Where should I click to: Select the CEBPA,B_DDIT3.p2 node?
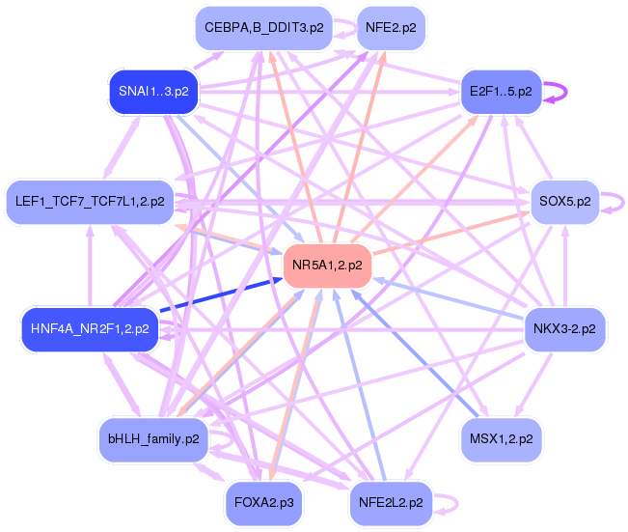[x=262, y=28]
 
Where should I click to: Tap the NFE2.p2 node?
[x=391, y=28]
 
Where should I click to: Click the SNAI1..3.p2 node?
[x=153, y=92]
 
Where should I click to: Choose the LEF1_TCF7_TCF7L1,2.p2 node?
[x=90, y=202]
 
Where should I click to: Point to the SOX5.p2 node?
[x=565, y=202]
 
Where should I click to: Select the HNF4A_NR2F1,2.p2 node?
[x=89, y=328]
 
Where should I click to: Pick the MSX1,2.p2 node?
[x=502, y=438]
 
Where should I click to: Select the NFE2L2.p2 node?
[x=390, y=502]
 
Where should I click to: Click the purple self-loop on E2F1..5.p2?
[x=564, y=92]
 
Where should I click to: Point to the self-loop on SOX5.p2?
[x=623, y=202]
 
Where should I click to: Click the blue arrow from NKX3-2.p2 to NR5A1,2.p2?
[x=449, y=298]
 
